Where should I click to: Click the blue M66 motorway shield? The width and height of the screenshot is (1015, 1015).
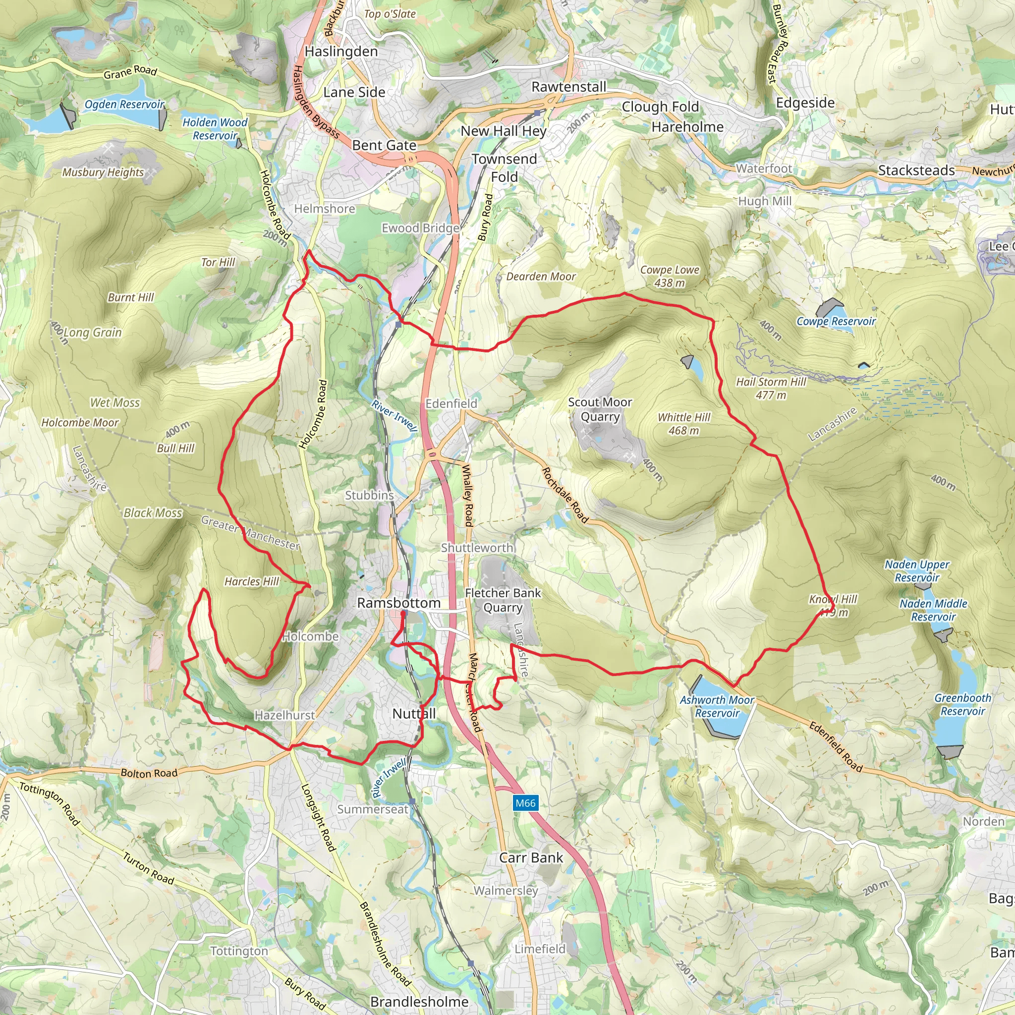pos(525,803)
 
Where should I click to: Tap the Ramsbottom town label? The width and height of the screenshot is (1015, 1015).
pos(399,603)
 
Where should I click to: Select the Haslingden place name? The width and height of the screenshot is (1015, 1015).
pos(341,52)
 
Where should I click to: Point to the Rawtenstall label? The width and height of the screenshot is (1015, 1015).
pos(568,87)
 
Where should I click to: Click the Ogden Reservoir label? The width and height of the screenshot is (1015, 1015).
pos(124,104)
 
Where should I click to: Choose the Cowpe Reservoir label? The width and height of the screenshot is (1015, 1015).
pos(836,321)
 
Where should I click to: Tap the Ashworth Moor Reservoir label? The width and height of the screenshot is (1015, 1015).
pos(717,707)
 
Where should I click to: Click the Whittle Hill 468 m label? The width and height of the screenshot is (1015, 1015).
pos(683,424)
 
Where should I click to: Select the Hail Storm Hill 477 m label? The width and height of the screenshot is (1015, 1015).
pos(771,388)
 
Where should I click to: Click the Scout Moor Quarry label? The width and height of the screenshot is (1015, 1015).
pos(600,409)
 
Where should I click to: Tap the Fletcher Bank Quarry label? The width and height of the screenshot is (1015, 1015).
pos(503,600)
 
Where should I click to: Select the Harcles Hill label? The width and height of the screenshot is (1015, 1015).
pos(252,581)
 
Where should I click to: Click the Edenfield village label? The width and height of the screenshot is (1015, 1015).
pos(451,403)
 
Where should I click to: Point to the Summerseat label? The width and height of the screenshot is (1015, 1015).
pos(373,809)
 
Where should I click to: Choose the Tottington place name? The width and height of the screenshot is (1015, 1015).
pos(239,952)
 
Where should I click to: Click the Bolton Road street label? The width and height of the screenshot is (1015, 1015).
pos(149,773)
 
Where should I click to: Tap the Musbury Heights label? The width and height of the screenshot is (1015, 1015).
pos(103,172)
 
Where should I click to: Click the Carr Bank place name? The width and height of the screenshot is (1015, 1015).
pos(531,858)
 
